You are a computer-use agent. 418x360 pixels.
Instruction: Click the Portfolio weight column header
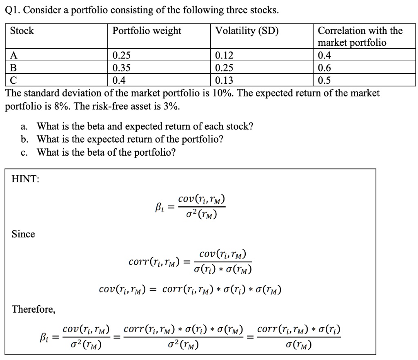click(147, 31)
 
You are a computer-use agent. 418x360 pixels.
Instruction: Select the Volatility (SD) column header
click(247, 31)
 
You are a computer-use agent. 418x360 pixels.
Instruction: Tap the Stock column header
click(22, 31)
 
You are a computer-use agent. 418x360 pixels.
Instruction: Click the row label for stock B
click(13, 68)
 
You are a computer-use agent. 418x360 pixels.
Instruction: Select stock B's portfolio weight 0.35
click(122, 68)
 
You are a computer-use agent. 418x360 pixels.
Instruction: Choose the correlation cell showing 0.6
click(325, 68)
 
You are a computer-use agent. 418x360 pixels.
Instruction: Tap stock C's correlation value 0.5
click(325, 80)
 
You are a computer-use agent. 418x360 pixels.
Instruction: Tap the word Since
click(23, 234)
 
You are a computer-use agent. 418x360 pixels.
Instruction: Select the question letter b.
click(24, 139)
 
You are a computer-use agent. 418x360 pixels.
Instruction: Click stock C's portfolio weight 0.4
click(119, 80)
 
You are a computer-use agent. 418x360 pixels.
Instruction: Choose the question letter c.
click(24, 152)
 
